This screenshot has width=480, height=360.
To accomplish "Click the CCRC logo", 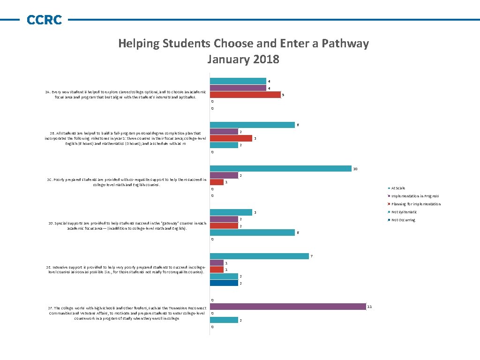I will coord(44,20).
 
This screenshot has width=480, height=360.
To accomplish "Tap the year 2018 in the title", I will coord(266,60).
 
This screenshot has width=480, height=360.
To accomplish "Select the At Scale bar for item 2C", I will coord(280,169).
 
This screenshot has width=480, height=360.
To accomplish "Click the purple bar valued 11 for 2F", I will coord(287,307).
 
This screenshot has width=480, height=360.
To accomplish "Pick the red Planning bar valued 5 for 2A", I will coord(245,95).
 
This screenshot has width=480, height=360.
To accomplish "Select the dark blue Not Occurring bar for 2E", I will coord(224,283).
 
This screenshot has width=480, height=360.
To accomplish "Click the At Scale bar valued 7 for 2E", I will coord(259,256).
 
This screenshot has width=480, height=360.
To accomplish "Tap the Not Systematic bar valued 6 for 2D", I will coord(252,232).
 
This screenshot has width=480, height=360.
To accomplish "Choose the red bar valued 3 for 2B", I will coord(231,138).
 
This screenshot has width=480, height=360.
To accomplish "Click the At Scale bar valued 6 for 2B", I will coord(252,125).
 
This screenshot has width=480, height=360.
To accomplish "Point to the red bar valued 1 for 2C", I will coord(217,182).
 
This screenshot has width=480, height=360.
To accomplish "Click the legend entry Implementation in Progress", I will coord(415,196).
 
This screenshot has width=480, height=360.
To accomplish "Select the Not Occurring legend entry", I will coord(403,220).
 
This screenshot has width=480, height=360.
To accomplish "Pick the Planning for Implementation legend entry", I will coord(416,204).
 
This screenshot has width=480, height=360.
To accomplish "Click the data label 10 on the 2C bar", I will coord(355,169).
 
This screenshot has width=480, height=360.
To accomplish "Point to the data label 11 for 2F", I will coord(369,307).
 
